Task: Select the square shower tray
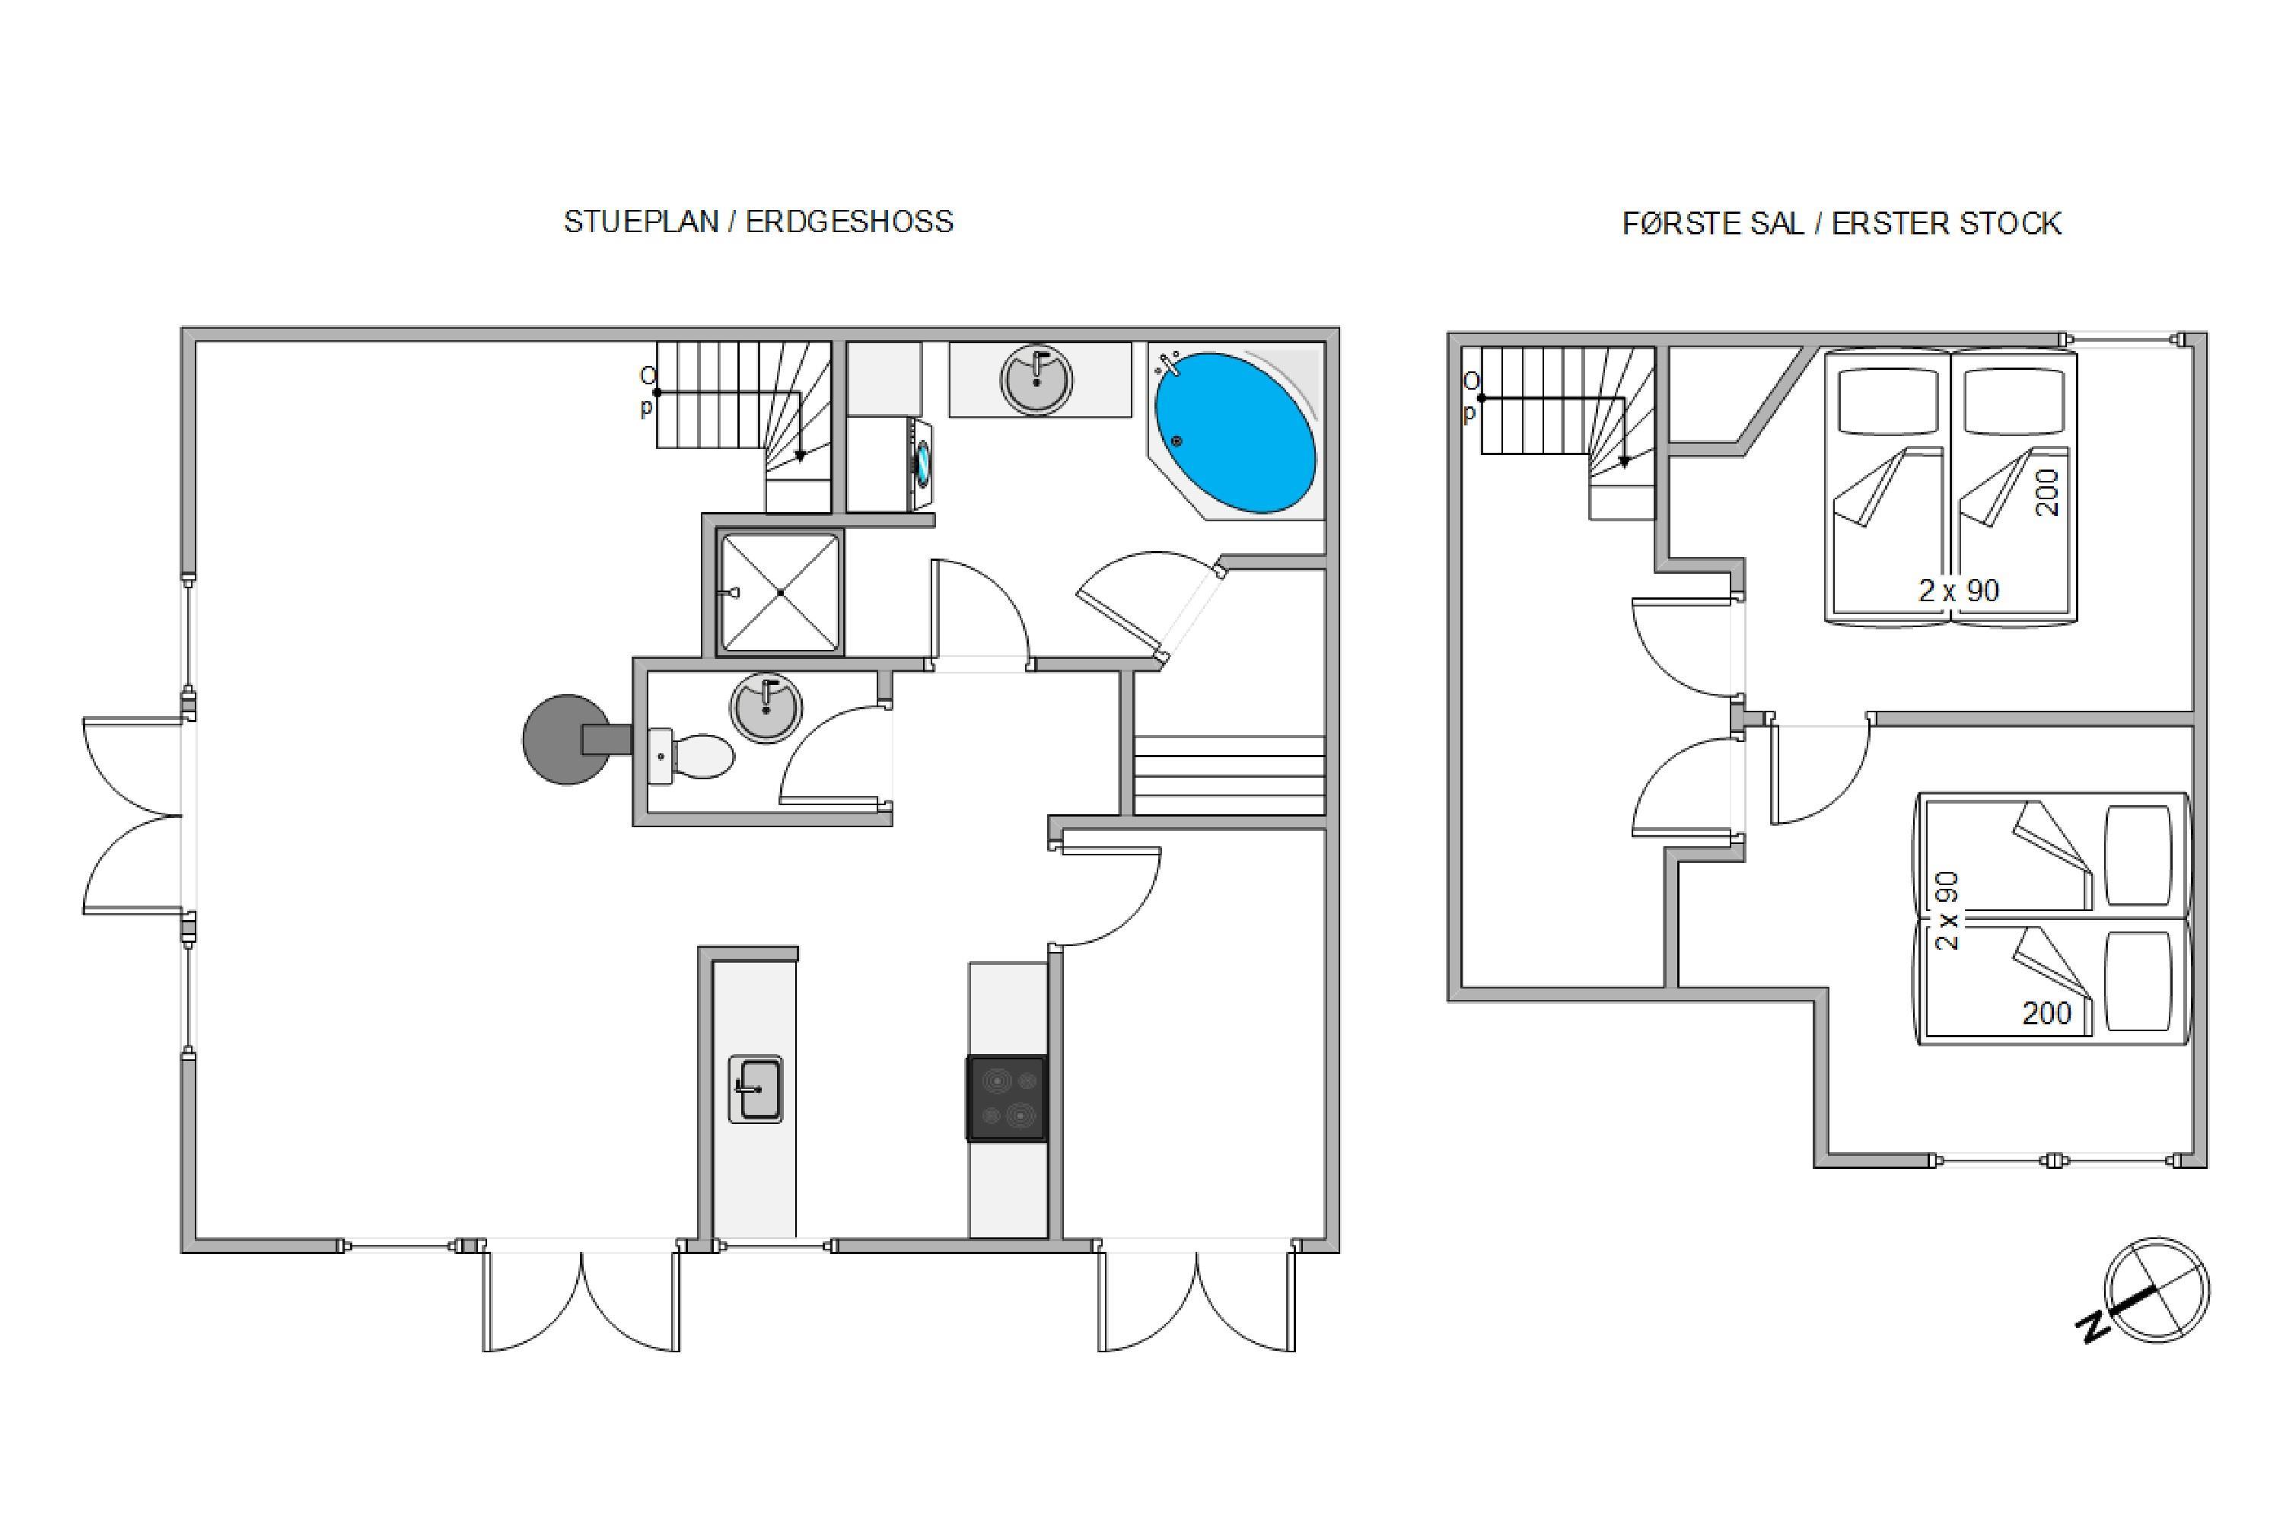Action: (781, 592)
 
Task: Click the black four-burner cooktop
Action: (1007, 1098)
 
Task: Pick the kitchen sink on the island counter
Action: (755, 1089)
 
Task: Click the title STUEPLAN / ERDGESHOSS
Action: (758, 221)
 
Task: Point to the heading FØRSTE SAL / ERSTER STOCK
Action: (1842, 224)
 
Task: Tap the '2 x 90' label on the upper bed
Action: (1959, 591)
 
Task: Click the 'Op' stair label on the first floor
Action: (1470, 397)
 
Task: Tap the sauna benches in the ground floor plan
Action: (1229, 775)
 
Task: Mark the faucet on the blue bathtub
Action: (1167, 366)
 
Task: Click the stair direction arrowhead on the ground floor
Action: (800, 455)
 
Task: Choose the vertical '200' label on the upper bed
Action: (2047, 492)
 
